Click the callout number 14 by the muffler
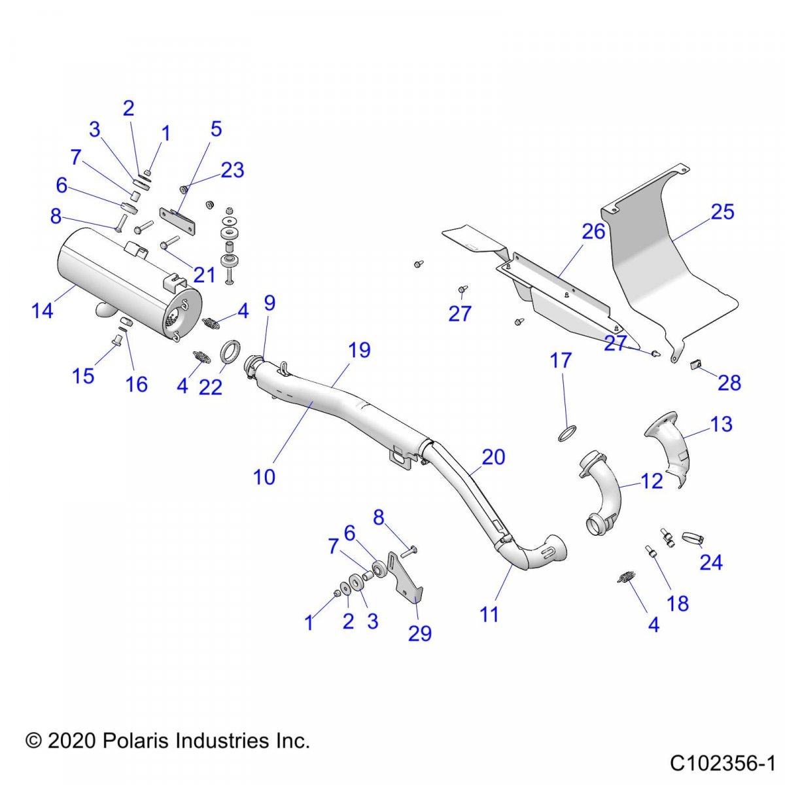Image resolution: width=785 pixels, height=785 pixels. [43, 310]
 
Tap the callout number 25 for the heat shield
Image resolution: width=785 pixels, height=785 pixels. [722, 211]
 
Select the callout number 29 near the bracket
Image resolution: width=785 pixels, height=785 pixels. [420, 633]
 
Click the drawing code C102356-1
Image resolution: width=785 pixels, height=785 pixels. [722, 763]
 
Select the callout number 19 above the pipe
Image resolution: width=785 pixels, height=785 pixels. [359, 350]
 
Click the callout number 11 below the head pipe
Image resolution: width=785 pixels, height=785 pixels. [489, 614]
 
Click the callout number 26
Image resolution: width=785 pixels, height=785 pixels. [593, 231]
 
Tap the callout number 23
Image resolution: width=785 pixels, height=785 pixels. [232, 169]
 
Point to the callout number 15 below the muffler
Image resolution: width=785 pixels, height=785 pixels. [83, 375]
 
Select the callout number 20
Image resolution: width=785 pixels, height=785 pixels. [493, 457]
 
